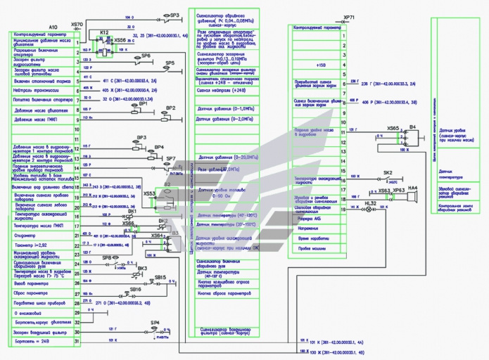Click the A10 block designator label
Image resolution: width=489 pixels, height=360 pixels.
click(x=53, y=27)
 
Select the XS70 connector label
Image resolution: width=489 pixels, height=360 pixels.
click(x=77, y=24)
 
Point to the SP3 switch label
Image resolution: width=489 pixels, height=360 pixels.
click(x=174, y=14)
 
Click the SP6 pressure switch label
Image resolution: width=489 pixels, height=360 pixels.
click(x=146, y=55)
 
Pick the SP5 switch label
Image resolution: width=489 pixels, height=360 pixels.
click(x=170, y=63)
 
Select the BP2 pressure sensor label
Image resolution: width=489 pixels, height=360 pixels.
click(x=170, y=108)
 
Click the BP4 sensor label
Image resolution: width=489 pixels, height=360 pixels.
click(x=159, y=147)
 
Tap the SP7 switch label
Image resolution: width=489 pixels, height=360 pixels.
click(x=171, y=159)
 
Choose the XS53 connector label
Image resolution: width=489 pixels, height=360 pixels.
click(x=149, y=193)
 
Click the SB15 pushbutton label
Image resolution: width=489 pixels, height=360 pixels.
click(x=160, y=278)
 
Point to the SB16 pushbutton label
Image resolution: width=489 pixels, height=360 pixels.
click(x=135, y=289)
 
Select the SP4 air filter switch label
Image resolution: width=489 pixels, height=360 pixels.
click(x=155, y=323)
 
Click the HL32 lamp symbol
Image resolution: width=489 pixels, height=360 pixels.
click(x=370, y=210)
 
